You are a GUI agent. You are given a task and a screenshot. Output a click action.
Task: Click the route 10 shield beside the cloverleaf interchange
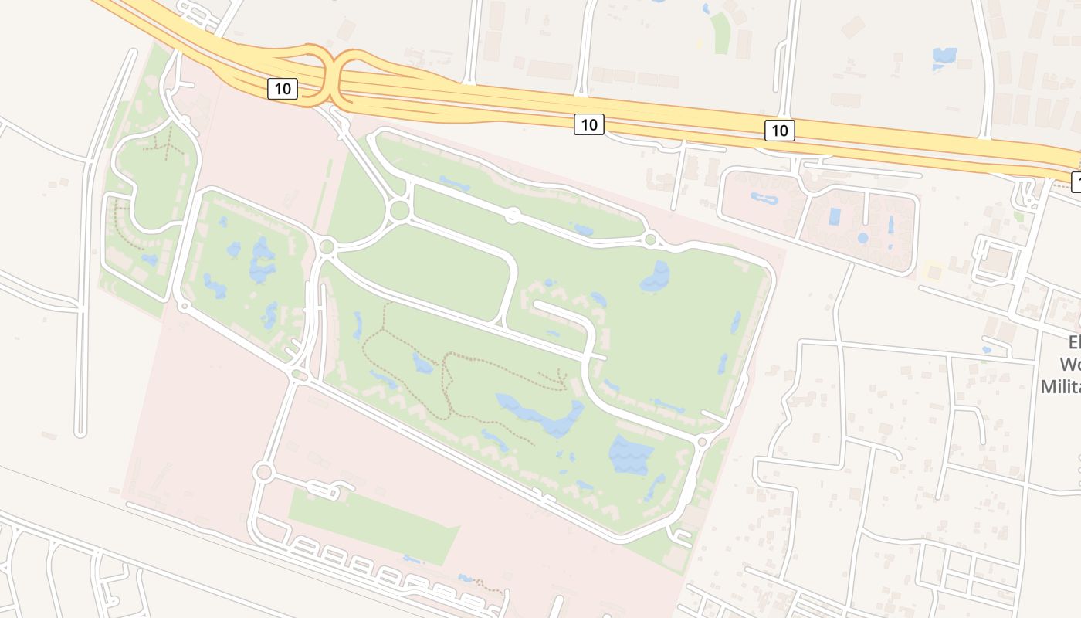click(283, 89)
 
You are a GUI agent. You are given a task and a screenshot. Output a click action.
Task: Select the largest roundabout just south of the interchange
click(399, 210)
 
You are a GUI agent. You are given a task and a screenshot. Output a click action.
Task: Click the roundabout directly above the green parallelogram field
click(263, 471)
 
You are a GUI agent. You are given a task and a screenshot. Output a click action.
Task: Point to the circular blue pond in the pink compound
click(862, 238)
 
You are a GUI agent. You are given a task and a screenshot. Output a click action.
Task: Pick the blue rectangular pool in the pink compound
click(835, 216)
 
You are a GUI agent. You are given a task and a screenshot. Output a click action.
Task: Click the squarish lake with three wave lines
click(630, 454)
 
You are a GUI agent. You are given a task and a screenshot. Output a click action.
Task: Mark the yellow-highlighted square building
click(934, 272)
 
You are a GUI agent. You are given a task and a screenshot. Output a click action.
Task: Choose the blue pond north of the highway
click(944, 56)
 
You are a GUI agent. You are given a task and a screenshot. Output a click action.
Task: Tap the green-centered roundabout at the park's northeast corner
click(650, 239)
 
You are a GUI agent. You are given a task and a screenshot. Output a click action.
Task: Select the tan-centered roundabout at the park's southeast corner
click(702, 442)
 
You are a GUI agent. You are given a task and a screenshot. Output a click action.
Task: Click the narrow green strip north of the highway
click(720, 33)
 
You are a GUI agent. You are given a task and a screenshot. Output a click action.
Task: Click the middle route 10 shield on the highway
click(588, 124)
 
